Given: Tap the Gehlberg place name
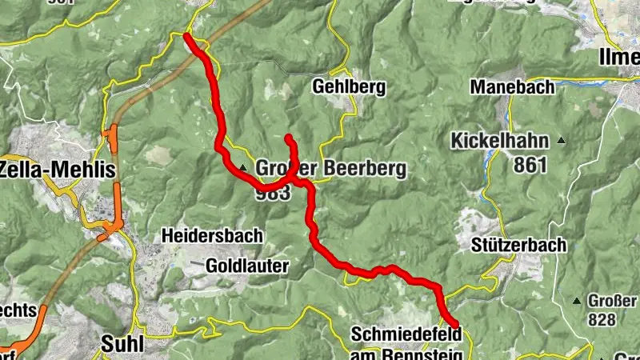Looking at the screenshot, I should click(x=338, y=86).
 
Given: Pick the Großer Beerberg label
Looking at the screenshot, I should click(x=331, y=170).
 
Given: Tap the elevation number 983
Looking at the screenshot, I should click(x=274, y=193).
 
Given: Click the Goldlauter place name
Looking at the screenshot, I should click(x=247, y=265).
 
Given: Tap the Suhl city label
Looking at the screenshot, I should click(x=122, y=344).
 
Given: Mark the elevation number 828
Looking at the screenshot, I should click(x=604, y=320).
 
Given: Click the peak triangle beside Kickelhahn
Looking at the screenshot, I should click(x=562, y=142).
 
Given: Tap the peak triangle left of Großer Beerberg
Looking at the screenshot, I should click(x=242, y=167).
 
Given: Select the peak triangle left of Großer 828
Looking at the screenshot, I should click(x=576, y=302).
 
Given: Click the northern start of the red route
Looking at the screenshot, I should click(x=186, y=36).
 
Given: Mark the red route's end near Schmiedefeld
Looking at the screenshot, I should click(x=456, y=323).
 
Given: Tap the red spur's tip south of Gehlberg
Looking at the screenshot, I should click(x=288, y=138).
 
